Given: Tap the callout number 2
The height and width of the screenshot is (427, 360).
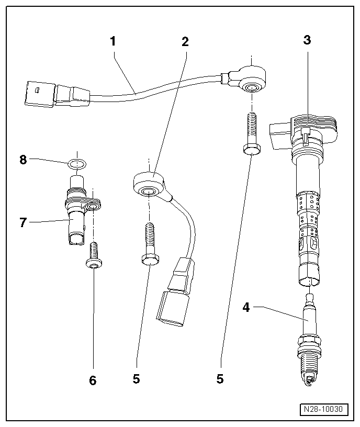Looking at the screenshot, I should pos(185,42).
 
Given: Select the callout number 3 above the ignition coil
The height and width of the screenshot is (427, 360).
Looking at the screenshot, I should pos(307,40).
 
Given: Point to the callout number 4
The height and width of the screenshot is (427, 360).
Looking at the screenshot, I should pos(246,308).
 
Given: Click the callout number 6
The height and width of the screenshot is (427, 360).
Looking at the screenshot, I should pos(93,380).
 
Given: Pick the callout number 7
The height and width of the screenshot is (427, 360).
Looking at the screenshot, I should pos(22,222).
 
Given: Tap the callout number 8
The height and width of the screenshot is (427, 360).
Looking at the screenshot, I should pos(23,160).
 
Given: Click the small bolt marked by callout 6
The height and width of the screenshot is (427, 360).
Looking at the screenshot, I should pos(93,256).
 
